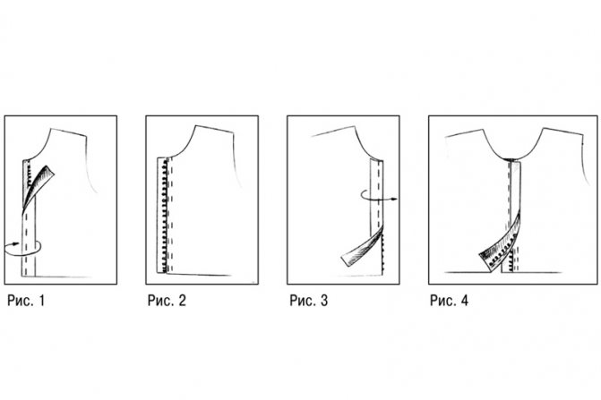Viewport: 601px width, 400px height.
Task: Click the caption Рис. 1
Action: click(26, 301)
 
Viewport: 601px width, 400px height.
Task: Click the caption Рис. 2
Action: click(167, 301)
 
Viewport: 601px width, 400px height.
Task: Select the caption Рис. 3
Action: click(308, 301)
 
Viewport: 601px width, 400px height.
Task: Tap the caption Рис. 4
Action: click(449, 301)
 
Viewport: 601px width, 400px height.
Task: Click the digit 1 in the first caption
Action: click(42, 301)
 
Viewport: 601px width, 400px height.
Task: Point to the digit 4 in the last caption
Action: click(464, 301)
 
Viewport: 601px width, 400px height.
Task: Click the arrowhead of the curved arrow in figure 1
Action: click(16, 243)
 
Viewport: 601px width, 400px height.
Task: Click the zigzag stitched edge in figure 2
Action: click(165, 217)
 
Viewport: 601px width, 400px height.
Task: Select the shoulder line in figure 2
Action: click(215, 130)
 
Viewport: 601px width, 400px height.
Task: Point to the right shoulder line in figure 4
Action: click(562, 132)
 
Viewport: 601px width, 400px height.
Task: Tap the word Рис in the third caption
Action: click(301, 301)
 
